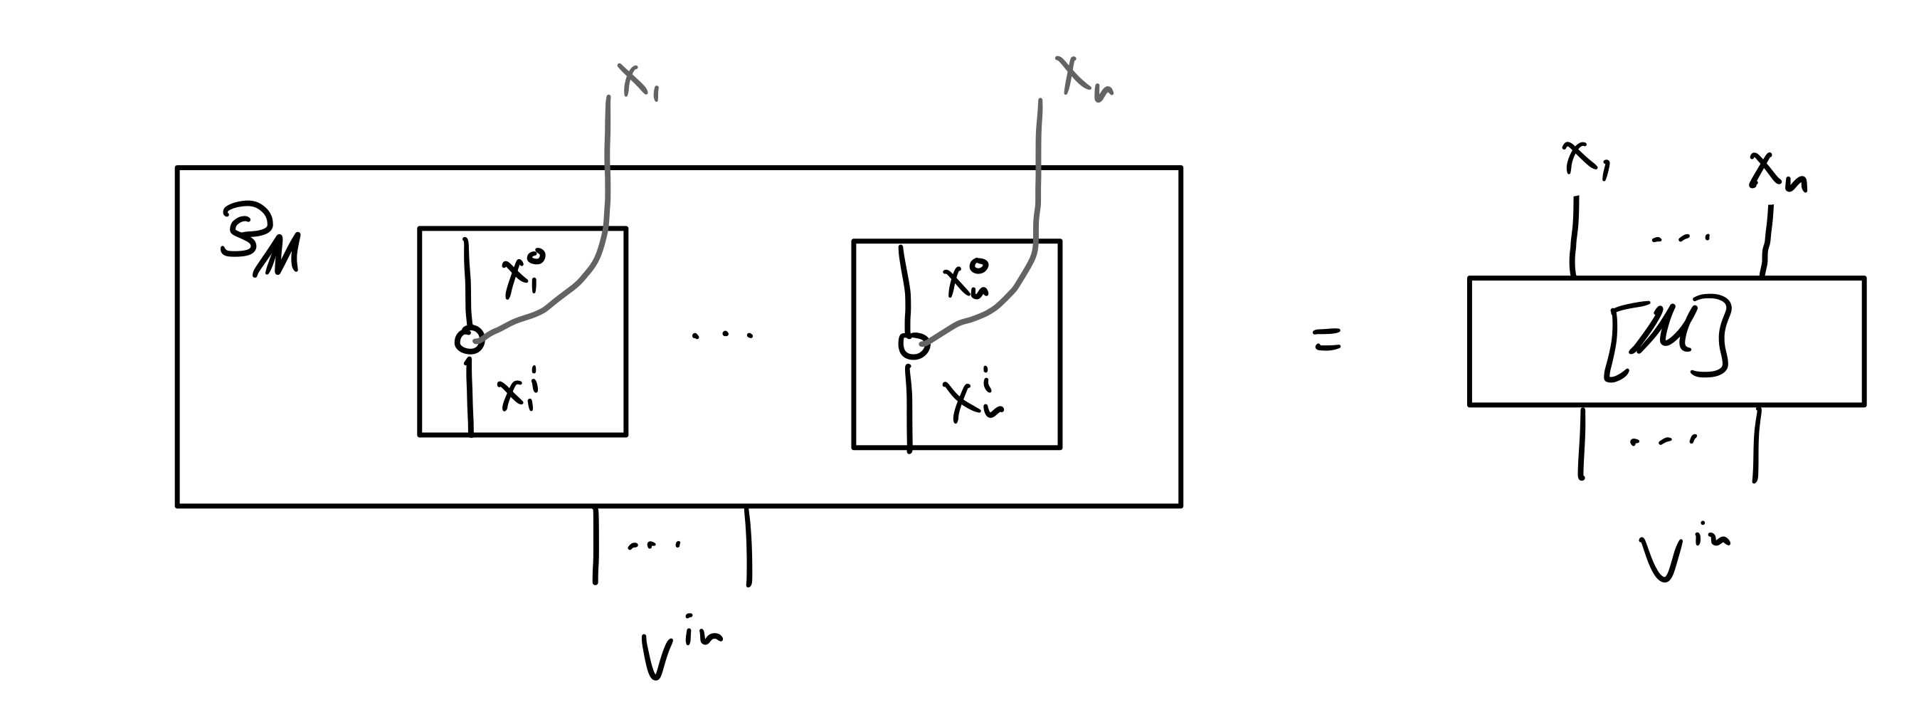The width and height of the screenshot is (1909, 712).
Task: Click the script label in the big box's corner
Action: click(261, 241)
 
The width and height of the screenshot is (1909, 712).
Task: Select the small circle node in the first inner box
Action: click(469, 340)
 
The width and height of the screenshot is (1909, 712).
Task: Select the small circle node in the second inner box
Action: click(914, 345)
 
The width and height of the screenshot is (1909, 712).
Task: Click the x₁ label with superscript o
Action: click(523, 273)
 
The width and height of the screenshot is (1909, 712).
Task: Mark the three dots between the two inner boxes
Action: click(722, 335)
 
